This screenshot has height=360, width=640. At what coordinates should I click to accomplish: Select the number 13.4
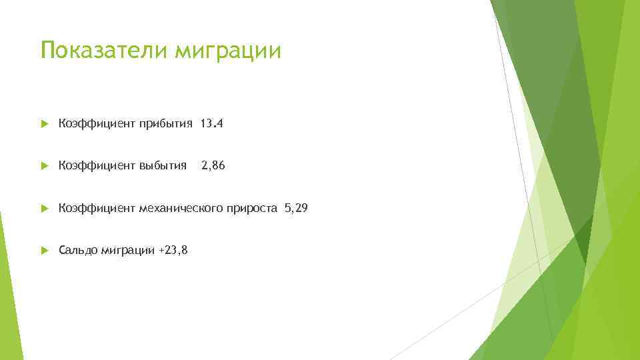pyautogui.click(x=212, y=123)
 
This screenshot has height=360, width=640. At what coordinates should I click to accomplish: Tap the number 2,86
pyautogui.click(x=213, y=165)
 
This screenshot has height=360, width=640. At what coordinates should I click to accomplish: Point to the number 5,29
pyautogui.click(x=296, y=208)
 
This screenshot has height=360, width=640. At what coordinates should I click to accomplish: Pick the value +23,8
pyautogui.click(x=173, y=250)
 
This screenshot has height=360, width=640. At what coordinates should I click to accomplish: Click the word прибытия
pyautogui.click(x=166, y=123)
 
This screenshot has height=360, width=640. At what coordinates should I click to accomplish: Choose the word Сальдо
pyautogui.click(x=78, y=250)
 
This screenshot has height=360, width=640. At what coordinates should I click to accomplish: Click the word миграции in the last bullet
pyautogui.click(x=129, y=251)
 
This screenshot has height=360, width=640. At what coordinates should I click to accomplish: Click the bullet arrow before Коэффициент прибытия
pyautogui.click(x=44, y=123)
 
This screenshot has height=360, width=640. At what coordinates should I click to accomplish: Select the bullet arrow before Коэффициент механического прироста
pyautogui.click(x=44, y=208)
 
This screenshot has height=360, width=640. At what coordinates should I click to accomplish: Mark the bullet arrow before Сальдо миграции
pyautogui.click(x=44, y=251)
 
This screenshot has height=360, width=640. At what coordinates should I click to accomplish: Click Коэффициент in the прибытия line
pyautogui.click(x=97, y=123)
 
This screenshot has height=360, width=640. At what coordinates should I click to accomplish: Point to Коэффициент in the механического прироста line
pyautogui.click(x=97, y=209)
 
